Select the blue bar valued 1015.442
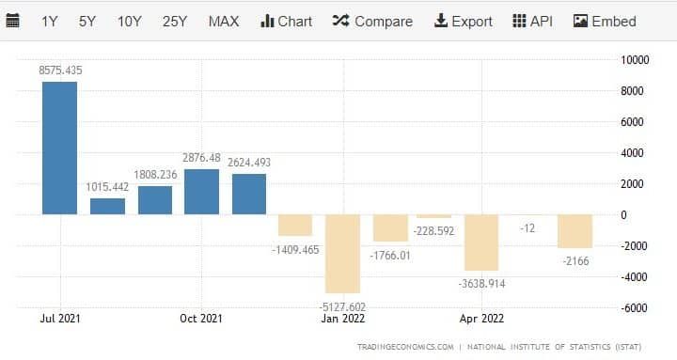click(x=107, y=206)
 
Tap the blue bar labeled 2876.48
click(x=201, y=192)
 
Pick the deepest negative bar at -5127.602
click(x=342, y=254)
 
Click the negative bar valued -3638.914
click(x=480, y=243)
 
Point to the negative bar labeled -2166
click(x=575, y=231)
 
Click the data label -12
click(x=527, y=228)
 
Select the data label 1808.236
click(x=155, y=174)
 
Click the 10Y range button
click(x=131, y=21)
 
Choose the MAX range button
click(x=224, y=21)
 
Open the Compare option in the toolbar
click(x=372, y=21)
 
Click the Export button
click(x=464, y=21)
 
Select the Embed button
click(x=605, y=21)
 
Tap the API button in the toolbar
click(x=533, y=21)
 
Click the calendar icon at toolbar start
click(x=13, y=21)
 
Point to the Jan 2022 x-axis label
click(x=342, y=318)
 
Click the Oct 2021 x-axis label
click(x=201, y=318)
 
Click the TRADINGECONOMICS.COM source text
click(x=405, y=348)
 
